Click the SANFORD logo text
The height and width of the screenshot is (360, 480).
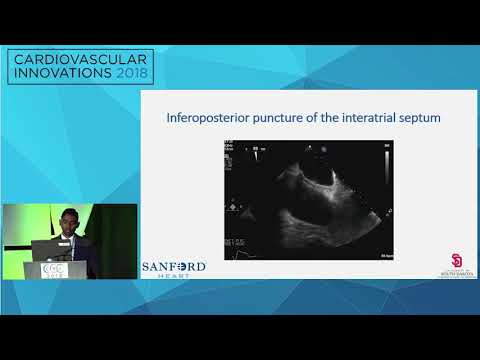tap(174, 266)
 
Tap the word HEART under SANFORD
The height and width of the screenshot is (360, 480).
tap(174, 278)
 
